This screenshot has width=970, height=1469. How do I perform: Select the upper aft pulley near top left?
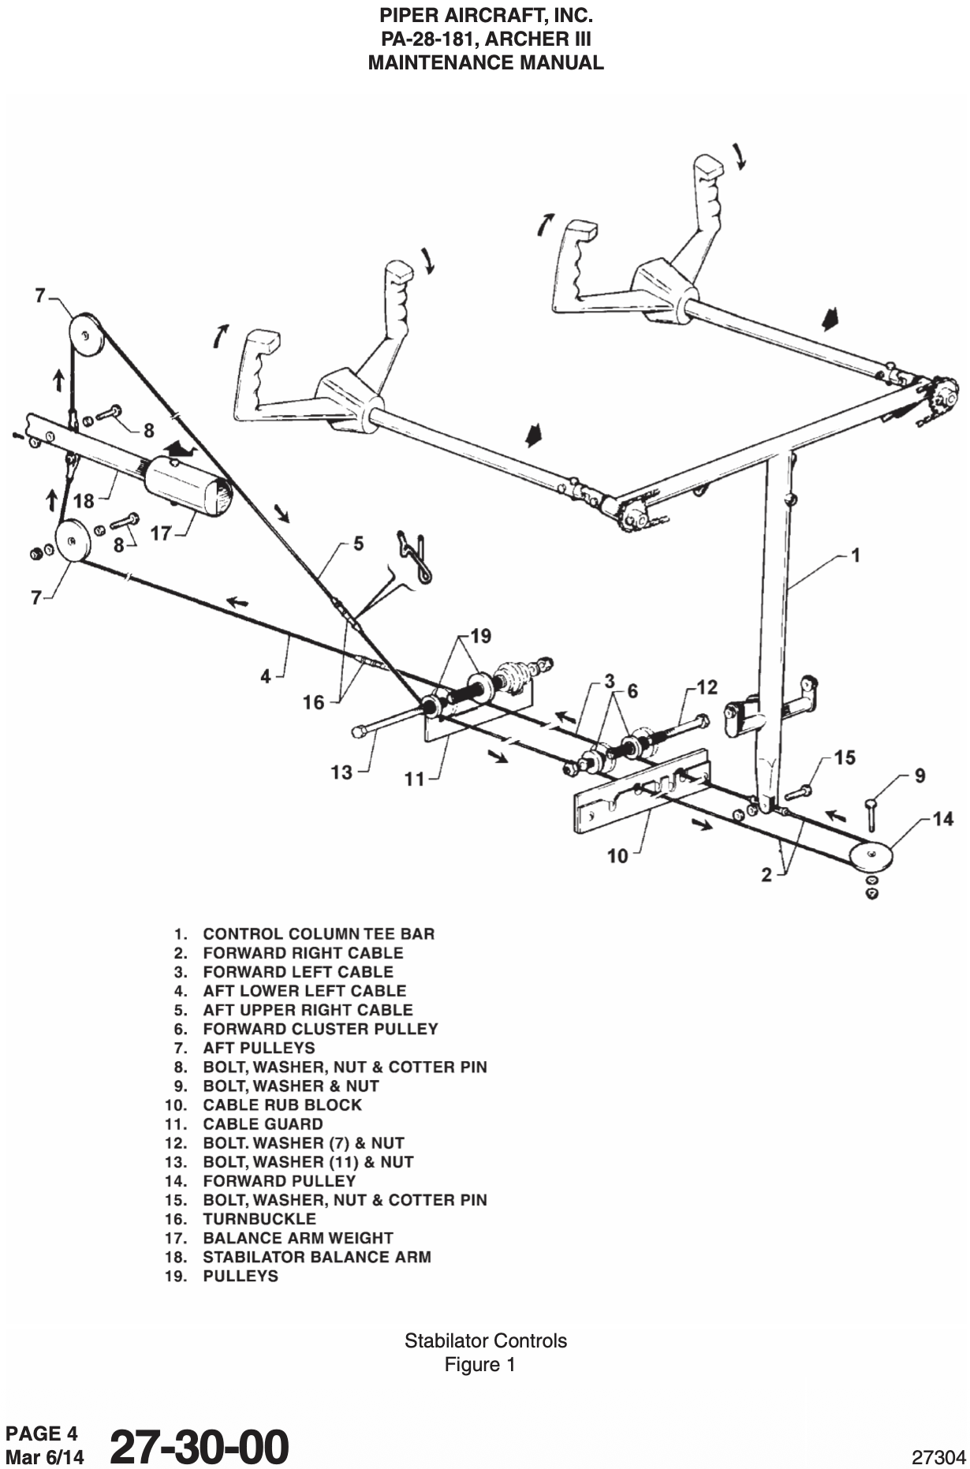pos(84,335)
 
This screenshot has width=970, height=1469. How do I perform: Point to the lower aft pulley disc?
pos(73,541)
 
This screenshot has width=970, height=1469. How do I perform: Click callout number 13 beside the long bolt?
pos(341,772)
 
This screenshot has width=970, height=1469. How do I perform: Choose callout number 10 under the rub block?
pos(618,855)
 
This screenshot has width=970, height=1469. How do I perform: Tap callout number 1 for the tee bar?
pos(856,555)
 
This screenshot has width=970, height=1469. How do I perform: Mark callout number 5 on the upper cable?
pos(358,544)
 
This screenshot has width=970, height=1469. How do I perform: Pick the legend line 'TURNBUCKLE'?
pos(259,1219)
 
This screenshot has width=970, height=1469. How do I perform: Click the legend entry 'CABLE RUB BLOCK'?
pos(282,1105)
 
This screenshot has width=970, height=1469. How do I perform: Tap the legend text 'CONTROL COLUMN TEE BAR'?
pos(319,934)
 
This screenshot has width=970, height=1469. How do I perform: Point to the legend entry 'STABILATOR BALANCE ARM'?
pos(317,1257)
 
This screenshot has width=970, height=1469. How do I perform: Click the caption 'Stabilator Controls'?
pos(485,1340)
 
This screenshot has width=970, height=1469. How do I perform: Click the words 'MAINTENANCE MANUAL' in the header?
pos(486,63)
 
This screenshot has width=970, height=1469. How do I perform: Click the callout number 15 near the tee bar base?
pos(845,758)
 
